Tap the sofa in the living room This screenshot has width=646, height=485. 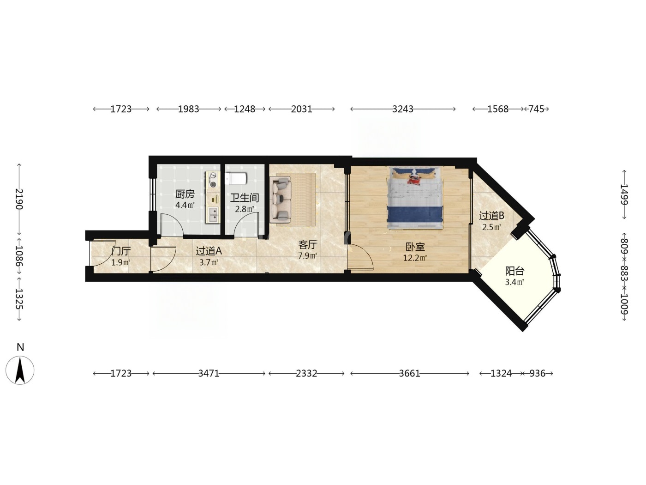coord(281,200)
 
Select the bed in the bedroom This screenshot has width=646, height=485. coord(415,198)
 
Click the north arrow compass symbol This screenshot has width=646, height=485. coord(20,370)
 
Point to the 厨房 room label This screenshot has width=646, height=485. coord(185,194)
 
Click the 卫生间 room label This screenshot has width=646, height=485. coord(244,198)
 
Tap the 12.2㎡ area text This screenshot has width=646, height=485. coord(415,258)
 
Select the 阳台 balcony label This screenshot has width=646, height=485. coord(515,271)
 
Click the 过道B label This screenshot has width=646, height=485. coord(491,216)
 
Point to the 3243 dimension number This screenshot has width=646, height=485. coord(403,109)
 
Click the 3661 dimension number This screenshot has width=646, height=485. coord(409,374)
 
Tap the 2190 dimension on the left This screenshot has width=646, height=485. coord(19,199)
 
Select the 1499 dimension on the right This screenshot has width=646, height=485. coord(624,194)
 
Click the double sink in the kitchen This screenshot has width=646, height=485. coord(213,214)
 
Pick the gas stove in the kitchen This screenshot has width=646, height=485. coord(213,180)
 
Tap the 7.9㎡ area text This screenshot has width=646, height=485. coord(308,255)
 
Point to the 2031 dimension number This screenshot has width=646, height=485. coord(301,109)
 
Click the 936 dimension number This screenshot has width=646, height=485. coord(537,374)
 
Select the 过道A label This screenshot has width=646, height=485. coord(209,251)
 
